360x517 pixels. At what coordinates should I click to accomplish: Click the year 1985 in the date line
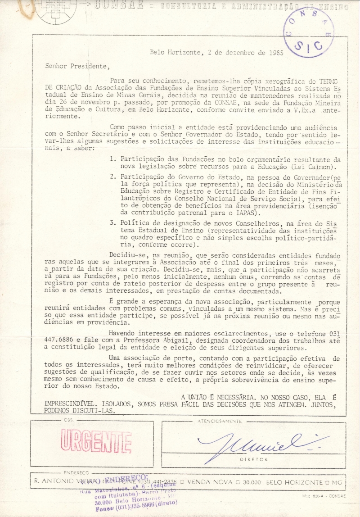[274, 52]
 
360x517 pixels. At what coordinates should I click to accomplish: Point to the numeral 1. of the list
[113, 160]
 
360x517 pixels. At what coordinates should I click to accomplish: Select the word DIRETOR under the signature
[254, 459]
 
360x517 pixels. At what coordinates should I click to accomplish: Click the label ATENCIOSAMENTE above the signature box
[220, 421]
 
